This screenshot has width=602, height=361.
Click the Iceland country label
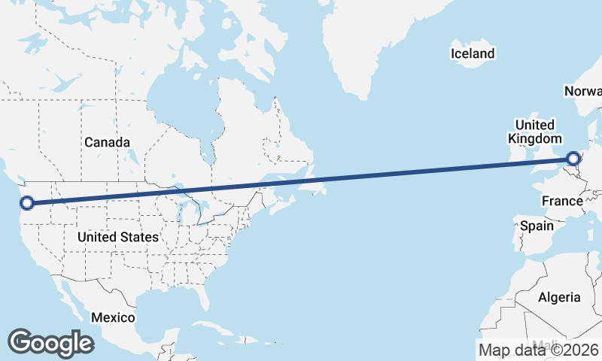coord(473,53)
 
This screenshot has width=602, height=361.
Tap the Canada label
coord(107,142)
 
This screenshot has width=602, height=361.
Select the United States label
coord(118,237)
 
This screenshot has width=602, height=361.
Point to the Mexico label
coord(113,317)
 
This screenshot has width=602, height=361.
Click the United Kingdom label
coord(535,132)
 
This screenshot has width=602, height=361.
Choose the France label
coord(562,201)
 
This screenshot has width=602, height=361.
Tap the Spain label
coord(537,226)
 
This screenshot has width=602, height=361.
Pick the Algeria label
coord(559,297)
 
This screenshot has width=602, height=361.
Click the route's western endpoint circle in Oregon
coord(27,202)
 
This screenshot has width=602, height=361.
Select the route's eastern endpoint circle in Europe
coord(573,159)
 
